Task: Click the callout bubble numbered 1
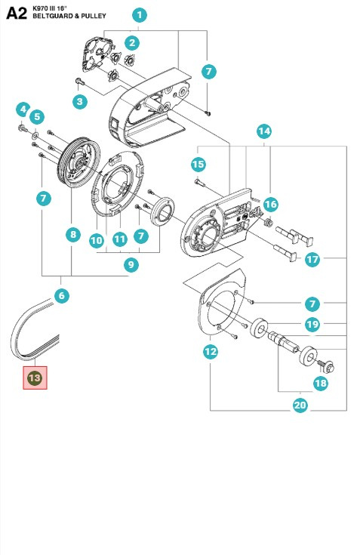(x=140, y=14)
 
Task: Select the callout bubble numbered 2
(x=132, y=42)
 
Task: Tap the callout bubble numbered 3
(x=78, y=100)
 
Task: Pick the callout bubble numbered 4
(x=23, y=109)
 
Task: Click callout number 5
(x=37, y=117)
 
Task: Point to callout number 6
(x=62, y=296)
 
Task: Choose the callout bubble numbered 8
(x=72, y=235)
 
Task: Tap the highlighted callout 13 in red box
(x=35, y=377)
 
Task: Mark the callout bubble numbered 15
(x=198, y=164)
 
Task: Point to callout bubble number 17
(x=312, y=259)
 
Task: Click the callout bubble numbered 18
(x=320, y=384)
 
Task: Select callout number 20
(x=300, y=405)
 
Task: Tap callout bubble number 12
(x=211, y=351)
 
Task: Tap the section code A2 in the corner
(x=17, y=11)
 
